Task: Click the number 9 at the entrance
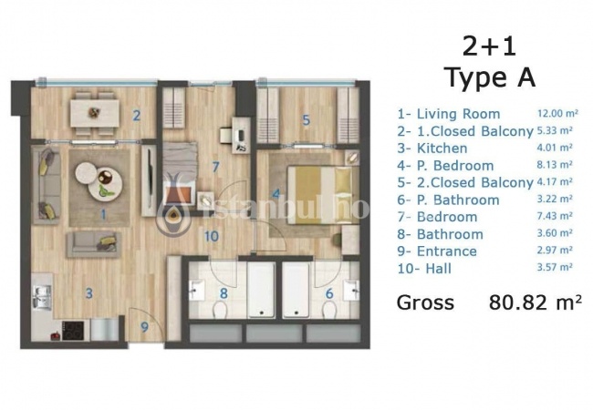[x=144, y=327]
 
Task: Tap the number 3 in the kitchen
[x=88, y=293]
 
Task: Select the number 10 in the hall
[x=212, y=236]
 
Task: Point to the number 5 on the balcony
[x=306, y=120]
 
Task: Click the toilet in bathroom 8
[x=219, y=311]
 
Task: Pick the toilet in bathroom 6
[x=329, y=311]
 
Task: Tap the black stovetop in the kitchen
[x=74, y=331]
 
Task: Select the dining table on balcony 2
[x=94, y=112]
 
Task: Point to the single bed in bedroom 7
[x=180, y=174]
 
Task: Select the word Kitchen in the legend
[x=442, y=148]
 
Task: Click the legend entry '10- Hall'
[x=424, y=269]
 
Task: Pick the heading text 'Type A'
[x=491, y=77]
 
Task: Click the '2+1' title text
[x=489, y=46]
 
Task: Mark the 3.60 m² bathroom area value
[x=555, y=233]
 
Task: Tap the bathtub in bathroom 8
[x=261, y=290]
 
